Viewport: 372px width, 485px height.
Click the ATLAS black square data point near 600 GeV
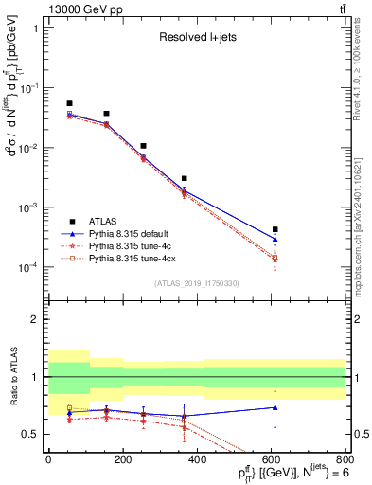(275, 229)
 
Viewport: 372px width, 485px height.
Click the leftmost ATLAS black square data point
(69, 103)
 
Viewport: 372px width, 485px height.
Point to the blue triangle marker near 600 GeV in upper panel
(275, 239)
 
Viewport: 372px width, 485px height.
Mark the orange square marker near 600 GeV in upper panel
(275, 259)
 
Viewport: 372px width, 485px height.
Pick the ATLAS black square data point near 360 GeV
(185, 178)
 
